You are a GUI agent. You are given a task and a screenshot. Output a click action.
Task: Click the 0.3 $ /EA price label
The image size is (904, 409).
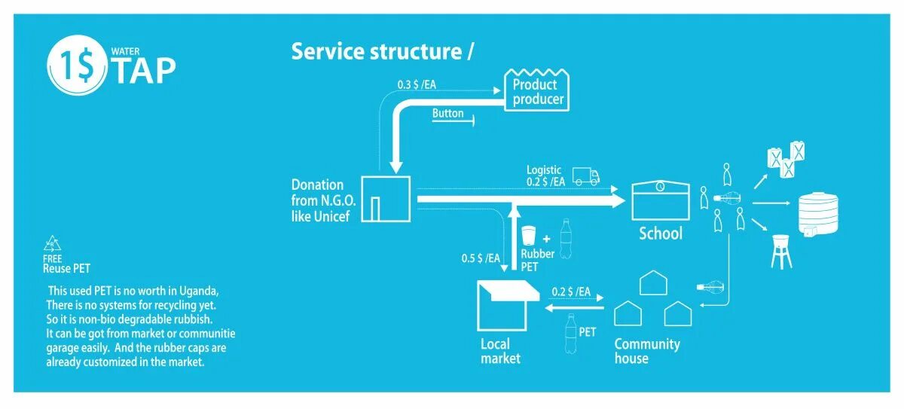tap(417, 85)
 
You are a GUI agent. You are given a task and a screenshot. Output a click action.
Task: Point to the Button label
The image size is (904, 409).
tap(447, 114)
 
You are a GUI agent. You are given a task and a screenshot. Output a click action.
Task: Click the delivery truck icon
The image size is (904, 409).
tap(585, 176)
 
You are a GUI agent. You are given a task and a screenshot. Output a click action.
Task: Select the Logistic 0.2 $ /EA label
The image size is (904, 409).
tap(545, 176)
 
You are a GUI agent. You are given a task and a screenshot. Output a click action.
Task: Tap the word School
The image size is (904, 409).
tap(660, 233)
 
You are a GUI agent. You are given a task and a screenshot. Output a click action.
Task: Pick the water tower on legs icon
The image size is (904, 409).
tap(781, 252)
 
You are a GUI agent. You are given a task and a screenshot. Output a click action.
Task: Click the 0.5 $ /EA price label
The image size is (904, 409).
tap(481, 258)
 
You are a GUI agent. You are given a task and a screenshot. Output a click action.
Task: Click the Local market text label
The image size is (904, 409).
tap(500, 351)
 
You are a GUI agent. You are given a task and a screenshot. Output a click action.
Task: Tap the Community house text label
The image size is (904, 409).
tap(646, 351)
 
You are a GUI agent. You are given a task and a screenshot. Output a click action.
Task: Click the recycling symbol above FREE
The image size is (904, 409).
tap(53, 243)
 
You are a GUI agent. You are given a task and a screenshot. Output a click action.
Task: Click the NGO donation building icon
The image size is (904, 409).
tap(386, 199)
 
